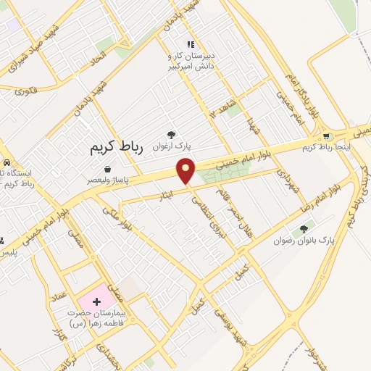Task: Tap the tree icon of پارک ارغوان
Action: tap(171, 134)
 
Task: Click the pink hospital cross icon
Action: tap(96, 300)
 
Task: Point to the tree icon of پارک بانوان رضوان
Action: tap(304, 229)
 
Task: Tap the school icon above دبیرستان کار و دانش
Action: tap(191, 44)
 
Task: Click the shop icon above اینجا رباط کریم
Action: tap(327, 136)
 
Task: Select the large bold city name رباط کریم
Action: tap(117, 147)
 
